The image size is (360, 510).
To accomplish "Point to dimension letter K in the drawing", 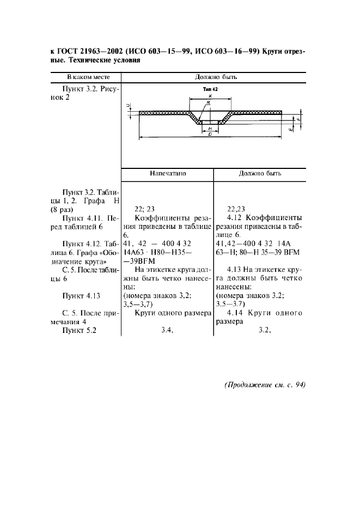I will pyautogui.click(x=210, y=95).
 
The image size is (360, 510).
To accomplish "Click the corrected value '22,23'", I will pyautogui.click(x=235, y=208).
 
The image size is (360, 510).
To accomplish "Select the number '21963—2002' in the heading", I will pyautogui.click(x=100, y=52).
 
